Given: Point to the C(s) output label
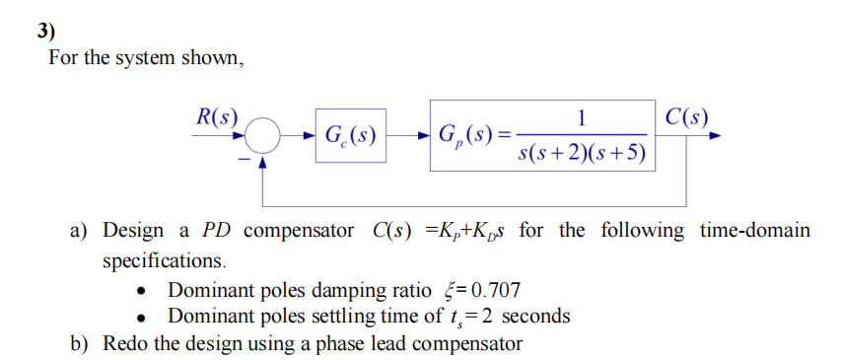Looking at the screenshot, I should tap(685, 114).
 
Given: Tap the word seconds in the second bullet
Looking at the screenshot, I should tap(535, 317).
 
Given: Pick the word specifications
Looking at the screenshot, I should tap(164, 261).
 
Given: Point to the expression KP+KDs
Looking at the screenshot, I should tap(463, 231).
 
